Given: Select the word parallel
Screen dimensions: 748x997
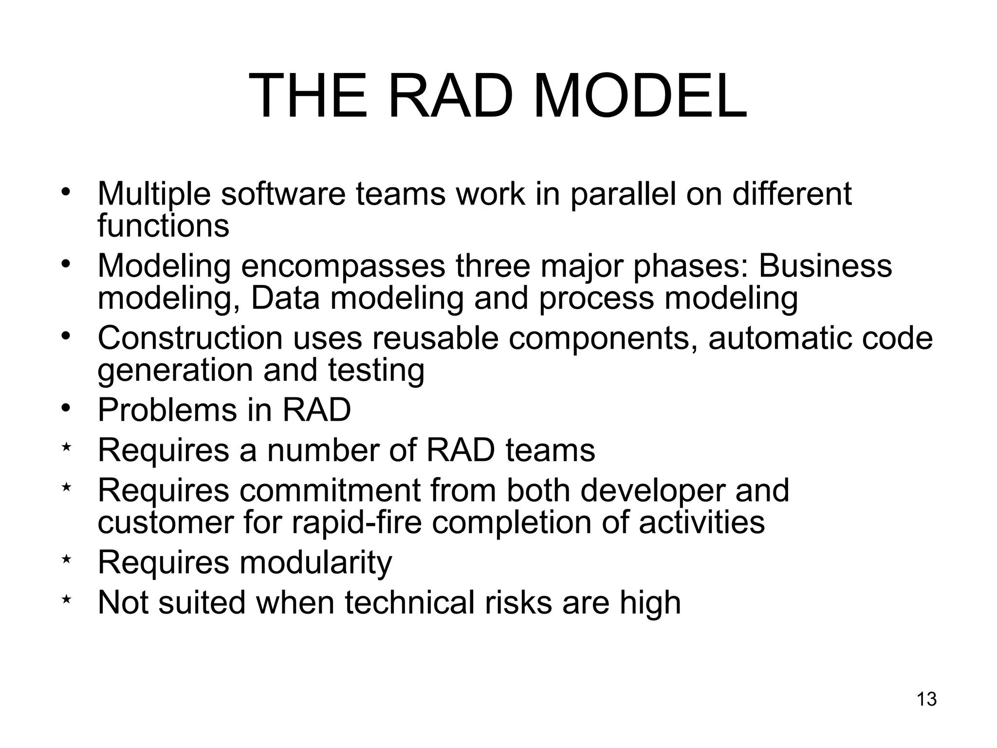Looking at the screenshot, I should click(x=623, y=194).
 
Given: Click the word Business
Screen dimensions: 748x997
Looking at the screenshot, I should click(x=825, y=266).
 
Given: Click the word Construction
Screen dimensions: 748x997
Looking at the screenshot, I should click(x=190, y=338).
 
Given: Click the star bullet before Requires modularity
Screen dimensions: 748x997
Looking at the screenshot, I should click(x=67, y=560).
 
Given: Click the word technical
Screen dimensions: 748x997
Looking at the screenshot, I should click(x=409, y=602).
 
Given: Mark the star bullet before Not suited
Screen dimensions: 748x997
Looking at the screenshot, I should click(x=67, y=600).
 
